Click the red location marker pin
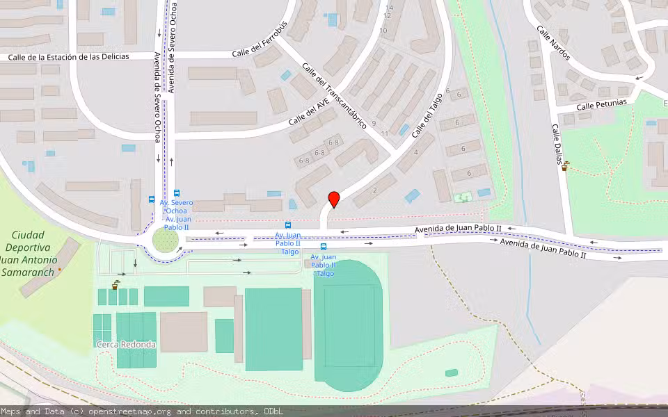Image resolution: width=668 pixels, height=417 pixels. coord(334,199)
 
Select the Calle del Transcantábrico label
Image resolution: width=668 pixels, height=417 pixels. coord(335,95)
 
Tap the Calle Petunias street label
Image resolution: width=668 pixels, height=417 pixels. coord(601,104)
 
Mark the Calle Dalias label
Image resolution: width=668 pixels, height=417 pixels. coord(557,146)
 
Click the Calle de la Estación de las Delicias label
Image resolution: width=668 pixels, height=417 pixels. coord(69,56)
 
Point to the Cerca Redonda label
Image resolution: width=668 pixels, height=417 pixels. coord(126,344)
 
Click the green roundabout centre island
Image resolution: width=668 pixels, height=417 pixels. coord(166,241)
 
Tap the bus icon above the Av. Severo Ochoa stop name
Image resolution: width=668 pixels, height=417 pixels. coord(177,193)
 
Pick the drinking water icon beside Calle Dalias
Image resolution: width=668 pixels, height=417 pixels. coord(566,165)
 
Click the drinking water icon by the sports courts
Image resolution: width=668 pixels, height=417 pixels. coord(115,285)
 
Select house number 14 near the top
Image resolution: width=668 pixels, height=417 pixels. coord(388,8)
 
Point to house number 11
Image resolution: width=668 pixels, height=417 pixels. coord(384,133)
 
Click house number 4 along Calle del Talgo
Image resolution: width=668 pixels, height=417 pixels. coord(415,152)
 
